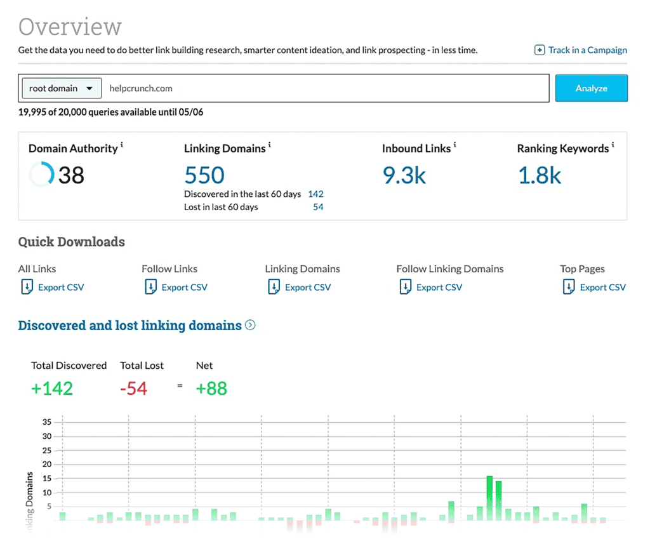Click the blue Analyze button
click(x=591, y=88)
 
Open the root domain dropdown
click(x=61, y=88)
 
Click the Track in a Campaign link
click(x=581, y=50)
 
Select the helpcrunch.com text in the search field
click(x=141, y=88)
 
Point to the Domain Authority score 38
click(x=71, y=175)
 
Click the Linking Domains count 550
click(x=204, y=175)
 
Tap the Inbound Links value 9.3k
click(x=404, y=175)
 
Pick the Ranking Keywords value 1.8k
click(x=540, y=175)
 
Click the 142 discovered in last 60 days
click(x=315, y=194)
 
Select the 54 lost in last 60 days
click(x=318, y=207)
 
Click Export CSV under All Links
click(x=60, y=288)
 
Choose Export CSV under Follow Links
click(x=184, y=288)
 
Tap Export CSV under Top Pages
click(x=602, y=288)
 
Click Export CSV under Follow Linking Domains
click(x=439, y=288)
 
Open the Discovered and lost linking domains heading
click(x=130, y=326)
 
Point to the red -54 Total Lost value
click(x=133, y=389)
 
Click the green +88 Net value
click(x=211, y=389)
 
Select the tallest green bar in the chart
click(x=489, y=498)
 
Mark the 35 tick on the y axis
click(x=47, y=422)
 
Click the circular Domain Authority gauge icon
click(x=41, y=175)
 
